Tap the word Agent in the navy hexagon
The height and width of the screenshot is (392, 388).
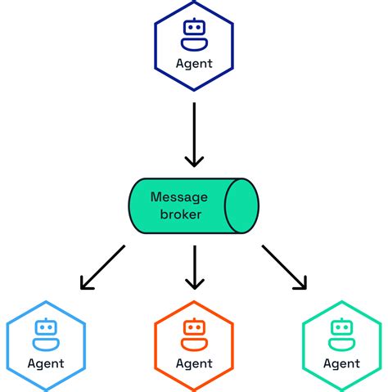point(194,63)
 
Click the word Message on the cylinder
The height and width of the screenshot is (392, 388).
point(178,196)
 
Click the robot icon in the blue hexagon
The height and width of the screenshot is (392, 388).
point(47,330)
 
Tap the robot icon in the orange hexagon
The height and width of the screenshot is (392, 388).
point(194,330)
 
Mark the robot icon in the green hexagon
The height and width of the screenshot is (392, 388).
point(341,330)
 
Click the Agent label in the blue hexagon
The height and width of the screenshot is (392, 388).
point(47,363)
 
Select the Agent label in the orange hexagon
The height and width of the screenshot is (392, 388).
point(194,363)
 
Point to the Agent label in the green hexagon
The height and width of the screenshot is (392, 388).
point(341,363)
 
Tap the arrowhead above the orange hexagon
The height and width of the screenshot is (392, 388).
point(194,284)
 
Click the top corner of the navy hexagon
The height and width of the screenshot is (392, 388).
point(194,2)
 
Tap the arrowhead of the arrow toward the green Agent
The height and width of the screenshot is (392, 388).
point(301,283)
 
